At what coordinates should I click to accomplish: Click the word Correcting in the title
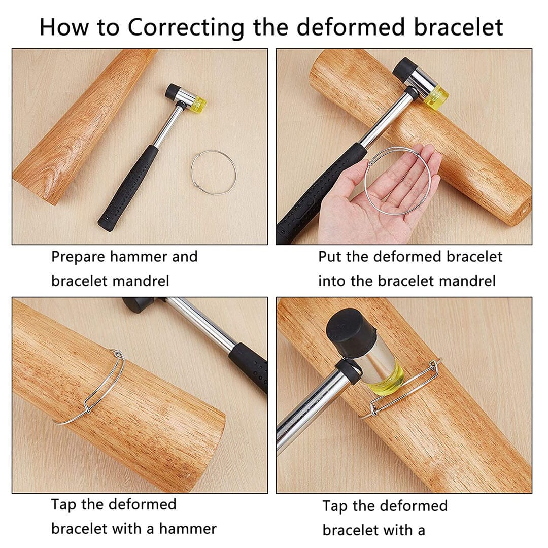pyautogui.click(x=186, y=27)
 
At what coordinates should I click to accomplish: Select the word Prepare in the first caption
pyautogui.click(x=78, y=257)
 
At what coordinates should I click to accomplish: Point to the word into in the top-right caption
pyautogui.click(x=332, y=281)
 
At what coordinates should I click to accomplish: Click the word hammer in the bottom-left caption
pyautogui.click(x=188, y=529)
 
